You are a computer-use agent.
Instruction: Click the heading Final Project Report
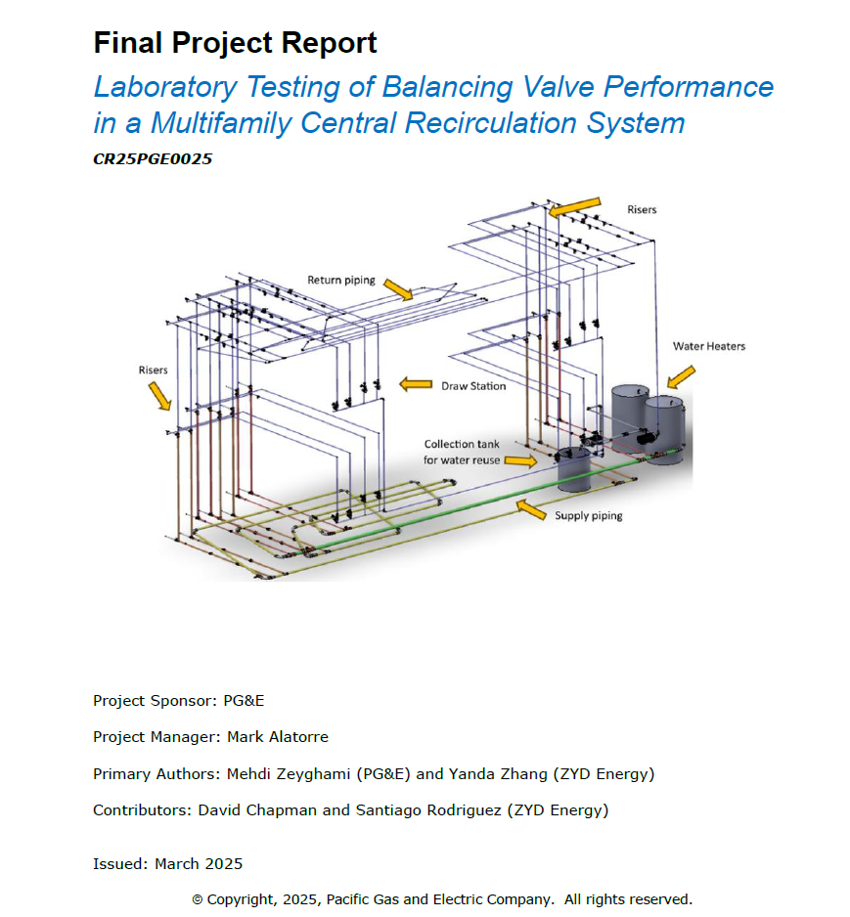tap(235, 43)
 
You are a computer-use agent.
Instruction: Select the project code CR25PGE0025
tap(153, 159)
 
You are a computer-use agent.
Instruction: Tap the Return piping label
tap(341, 281)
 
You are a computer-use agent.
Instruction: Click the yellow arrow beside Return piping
tap(398, 289)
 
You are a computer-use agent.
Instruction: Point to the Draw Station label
tap(473, 386)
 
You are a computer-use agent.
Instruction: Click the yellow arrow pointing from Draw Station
tap(416, 384)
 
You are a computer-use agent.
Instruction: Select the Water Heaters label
tap(709, 346)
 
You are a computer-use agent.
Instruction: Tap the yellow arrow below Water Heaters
tap(681, 377)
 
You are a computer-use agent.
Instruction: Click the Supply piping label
tap(589, 516)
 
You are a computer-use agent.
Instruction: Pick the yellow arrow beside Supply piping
tap(531, 509)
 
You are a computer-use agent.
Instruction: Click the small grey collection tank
tap(573, 469)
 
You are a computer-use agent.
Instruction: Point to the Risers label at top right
tap(642, 209)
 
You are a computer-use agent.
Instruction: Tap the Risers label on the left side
tap(153, 371)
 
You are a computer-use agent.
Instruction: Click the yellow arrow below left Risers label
tap(159, 396)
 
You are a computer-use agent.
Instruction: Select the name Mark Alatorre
tap(278, 737)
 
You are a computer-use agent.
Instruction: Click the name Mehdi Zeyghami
tap(289, 773)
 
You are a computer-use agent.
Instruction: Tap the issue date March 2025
tap(199, 864)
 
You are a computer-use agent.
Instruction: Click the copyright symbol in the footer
tap(198, 899)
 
